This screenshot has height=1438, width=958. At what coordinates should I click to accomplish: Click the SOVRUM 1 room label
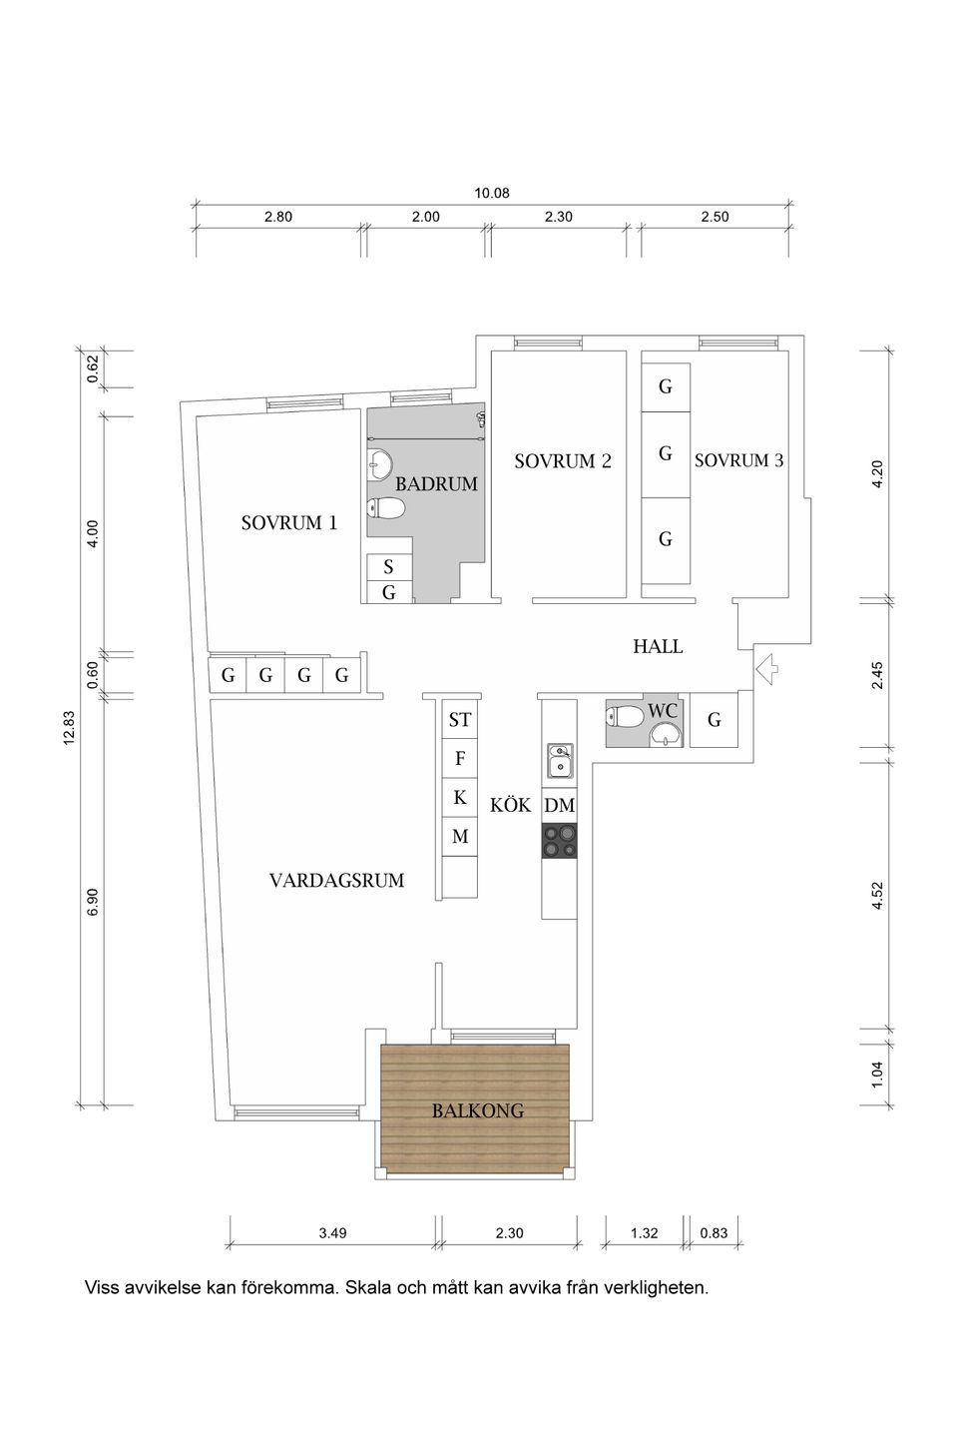[289, 522]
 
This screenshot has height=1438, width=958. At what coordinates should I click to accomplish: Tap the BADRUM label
[437, 484]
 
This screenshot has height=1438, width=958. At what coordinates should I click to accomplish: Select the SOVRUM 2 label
[563, 461]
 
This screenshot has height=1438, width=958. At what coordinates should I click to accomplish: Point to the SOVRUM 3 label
[738, 460]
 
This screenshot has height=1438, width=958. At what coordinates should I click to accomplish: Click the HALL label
[658, 646]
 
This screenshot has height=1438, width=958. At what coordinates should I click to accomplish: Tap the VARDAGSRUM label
[336, 880]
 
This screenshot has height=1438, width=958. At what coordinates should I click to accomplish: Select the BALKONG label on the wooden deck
[477, 1109]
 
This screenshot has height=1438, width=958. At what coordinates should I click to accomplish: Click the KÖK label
[511, 805]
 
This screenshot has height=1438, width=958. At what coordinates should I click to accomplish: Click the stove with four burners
[560, 841]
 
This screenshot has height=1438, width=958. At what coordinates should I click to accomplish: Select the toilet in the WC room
[625, 716]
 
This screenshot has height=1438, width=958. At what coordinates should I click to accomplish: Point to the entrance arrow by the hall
[766, 668]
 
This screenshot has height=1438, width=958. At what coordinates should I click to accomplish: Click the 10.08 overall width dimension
[492, 193]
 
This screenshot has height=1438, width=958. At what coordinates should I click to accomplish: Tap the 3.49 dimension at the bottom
[332, 1233]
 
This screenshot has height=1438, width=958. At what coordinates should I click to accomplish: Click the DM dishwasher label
[559, 805]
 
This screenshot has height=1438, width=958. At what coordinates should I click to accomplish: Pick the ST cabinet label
[459, 719]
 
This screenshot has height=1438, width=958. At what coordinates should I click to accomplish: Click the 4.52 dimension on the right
[877, 895]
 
